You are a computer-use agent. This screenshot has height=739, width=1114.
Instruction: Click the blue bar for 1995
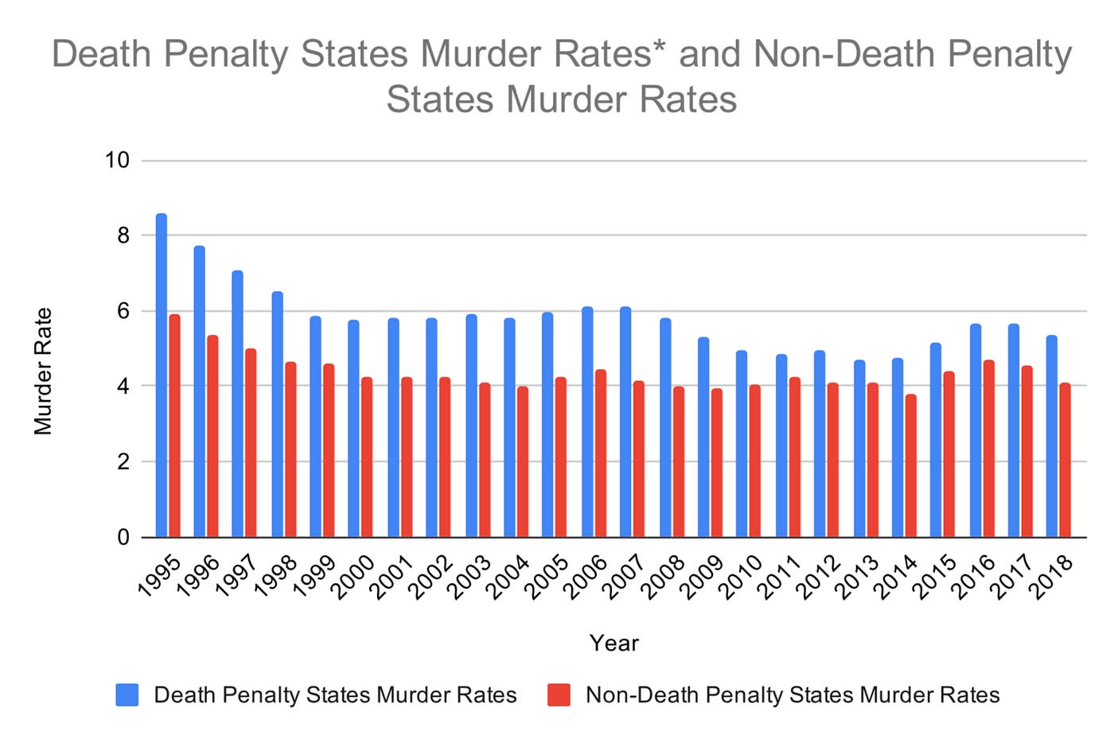point(162,375)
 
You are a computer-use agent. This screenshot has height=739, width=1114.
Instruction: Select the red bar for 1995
point(174,426)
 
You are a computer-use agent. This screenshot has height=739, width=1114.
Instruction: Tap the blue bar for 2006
point(587,422)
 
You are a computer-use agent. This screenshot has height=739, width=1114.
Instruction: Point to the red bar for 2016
point(988,449)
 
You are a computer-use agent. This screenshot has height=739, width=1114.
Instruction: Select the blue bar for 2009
point(703,437)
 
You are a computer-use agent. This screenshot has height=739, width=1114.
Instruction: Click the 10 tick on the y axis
point(117,161)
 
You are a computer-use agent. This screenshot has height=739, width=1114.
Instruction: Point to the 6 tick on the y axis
point(123,311)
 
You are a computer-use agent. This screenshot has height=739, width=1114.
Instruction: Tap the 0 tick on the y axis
point(123,538)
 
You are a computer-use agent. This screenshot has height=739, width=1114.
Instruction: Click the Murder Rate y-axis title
point(43,371)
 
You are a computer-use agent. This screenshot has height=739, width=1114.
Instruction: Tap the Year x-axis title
point(613,644)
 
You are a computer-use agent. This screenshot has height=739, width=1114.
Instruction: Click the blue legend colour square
point(127,694)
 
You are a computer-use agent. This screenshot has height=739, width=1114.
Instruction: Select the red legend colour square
point(559,694)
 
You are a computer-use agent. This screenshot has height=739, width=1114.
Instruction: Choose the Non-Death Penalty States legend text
point(792,694)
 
